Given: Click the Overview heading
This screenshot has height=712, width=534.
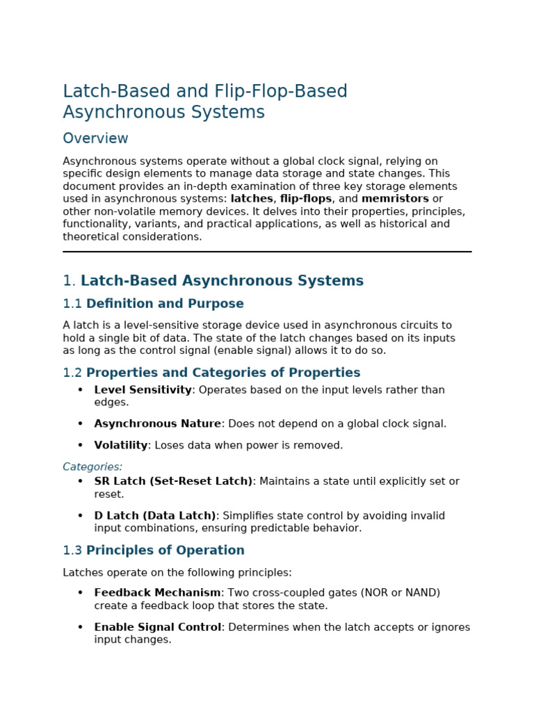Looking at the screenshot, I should click(95, 138).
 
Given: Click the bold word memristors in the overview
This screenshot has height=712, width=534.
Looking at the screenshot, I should click(395, 199).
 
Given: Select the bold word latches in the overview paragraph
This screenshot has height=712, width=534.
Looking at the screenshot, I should click(252, 199).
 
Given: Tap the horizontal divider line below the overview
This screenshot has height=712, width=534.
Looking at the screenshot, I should click(267, 252).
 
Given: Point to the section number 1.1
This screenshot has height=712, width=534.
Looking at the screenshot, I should click(72, 304).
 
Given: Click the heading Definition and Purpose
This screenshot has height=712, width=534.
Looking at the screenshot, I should click(165, 304).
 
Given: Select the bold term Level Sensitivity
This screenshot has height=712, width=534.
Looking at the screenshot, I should click(143, 390).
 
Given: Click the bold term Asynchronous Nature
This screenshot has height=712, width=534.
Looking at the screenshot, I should click(157, 424).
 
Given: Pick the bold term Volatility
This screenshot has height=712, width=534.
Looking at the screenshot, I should click(121, 446).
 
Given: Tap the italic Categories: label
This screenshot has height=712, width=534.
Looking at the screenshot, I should click(92, 467).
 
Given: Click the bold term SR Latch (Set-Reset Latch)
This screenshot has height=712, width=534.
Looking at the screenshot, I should click(173, 481).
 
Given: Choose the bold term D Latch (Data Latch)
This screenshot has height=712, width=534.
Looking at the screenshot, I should click(155, 516).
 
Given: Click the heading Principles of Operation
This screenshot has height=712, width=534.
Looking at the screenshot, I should click(165, 551).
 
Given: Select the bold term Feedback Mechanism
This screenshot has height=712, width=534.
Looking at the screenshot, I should click(157, 593).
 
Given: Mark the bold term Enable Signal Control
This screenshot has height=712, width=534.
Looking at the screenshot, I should click(157, 627).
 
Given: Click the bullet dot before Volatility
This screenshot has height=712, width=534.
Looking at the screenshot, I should click(80, 446).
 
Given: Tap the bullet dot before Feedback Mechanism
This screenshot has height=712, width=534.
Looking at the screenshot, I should click(80, 593).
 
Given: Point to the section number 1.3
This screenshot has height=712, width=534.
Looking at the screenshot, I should click(72, 551).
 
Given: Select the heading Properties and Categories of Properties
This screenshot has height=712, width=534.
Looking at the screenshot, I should click(222, 373).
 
